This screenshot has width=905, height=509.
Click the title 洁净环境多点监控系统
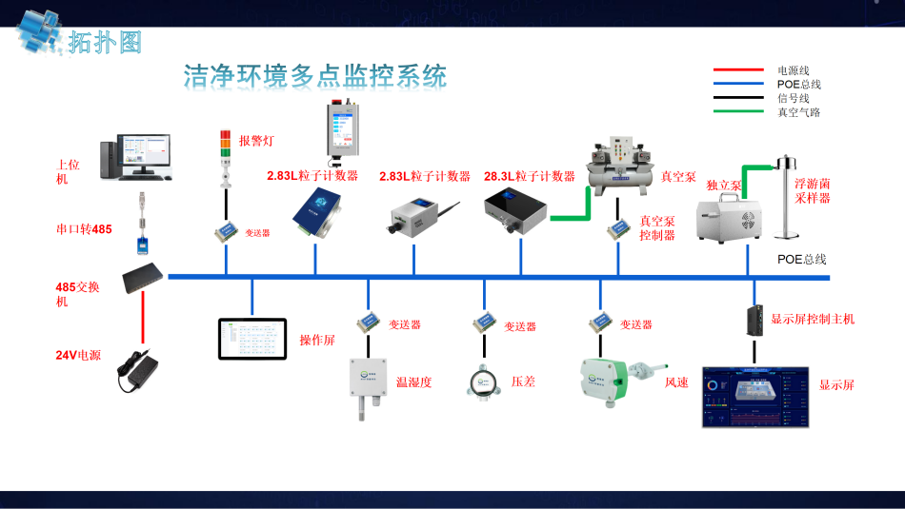pyautogui.click(x=315, y=76)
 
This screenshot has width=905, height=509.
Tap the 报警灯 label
pyautogui.click(x=256, y=141)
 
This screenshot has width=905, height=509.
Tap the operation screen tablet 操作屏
pyautogui.click(x=252, y=340)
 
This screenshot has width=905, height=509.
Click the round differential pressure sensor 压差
pyautogui.click(x=482, y=383)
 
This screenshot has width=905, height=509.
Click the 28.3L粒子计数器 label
pyautogui.click(x=530, y=176)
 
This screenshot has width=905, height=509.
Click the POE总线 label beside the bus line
pyautogui.click(x=801, y=259)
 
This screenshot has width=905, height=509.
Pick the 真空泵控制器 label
pyautogui.click(x=657, y=228)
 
